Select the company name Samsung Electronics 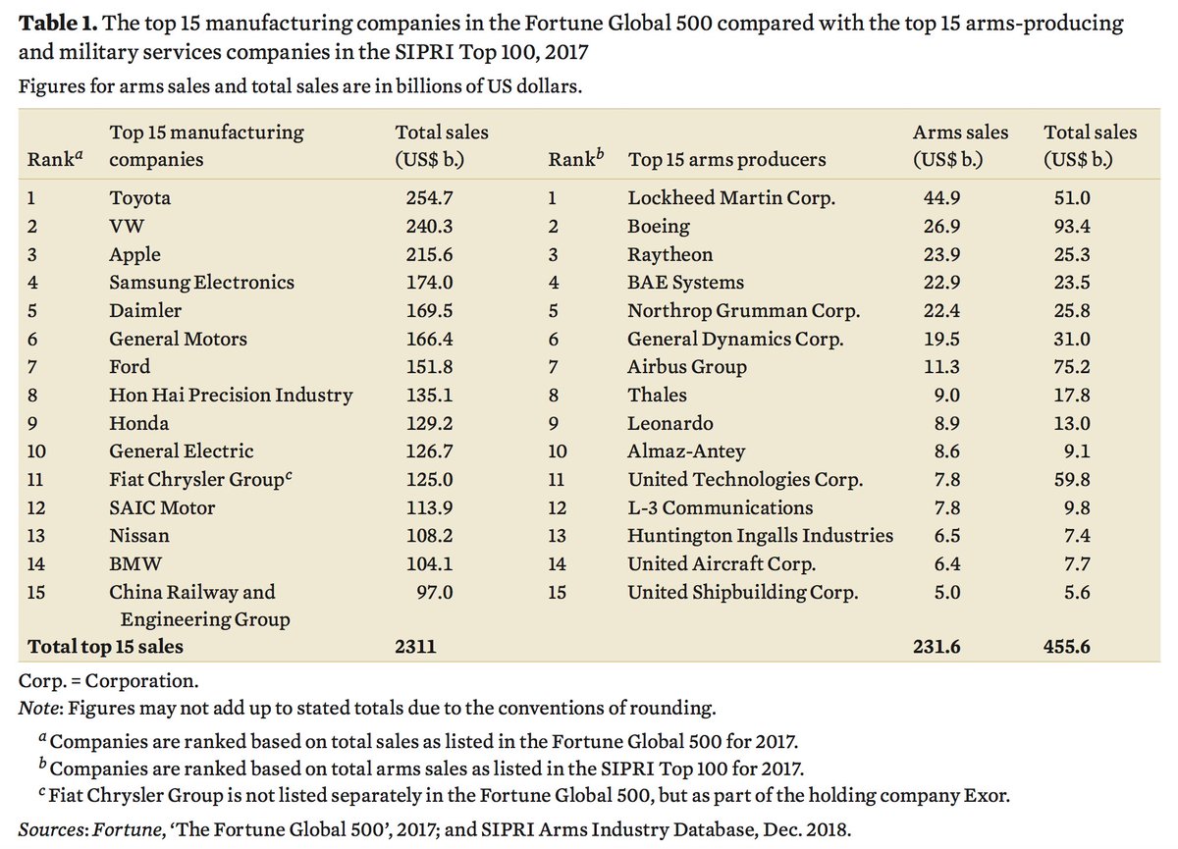(201, 283)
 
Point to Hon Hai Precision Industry (231, 396)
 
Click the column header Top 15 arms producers (726, 160)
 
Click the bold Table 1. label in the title (58, 22)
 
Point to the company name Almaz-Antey (686, 451)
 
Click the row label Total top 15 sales (106, 647)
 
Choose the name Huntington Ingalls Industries (760, 536)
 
